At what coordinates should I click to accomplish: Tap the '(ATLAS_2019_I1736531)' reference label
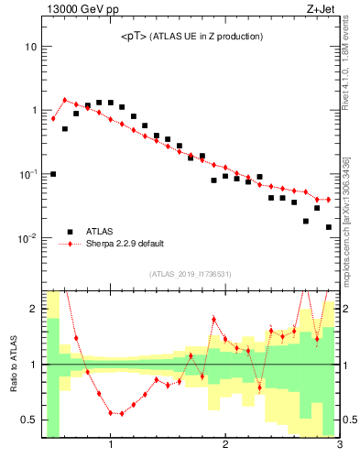[191, 275]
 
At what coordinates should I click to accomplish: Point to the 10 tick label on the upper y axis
[30, 47]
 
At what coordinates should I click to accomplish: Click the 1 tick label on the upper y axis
[33, 110]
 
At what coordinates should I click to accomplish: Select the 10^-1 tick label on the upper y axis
[28, 174]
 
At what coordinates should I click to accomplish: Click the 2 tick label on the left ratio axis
[33, 309]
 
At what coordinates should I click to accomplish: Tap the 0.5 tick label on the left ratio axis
[28, 420]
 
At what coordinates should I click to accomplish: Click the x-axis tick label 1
[111, 446]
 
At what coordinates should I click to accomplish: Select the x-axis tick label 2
[225, 446]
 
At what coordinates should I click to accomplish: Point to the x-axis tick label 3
[339, 446]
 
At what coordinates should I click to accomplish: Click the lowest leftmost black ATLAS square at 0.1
[53, 174]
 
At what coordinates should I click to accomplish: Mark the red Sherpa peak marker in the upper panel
[64, 100]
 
